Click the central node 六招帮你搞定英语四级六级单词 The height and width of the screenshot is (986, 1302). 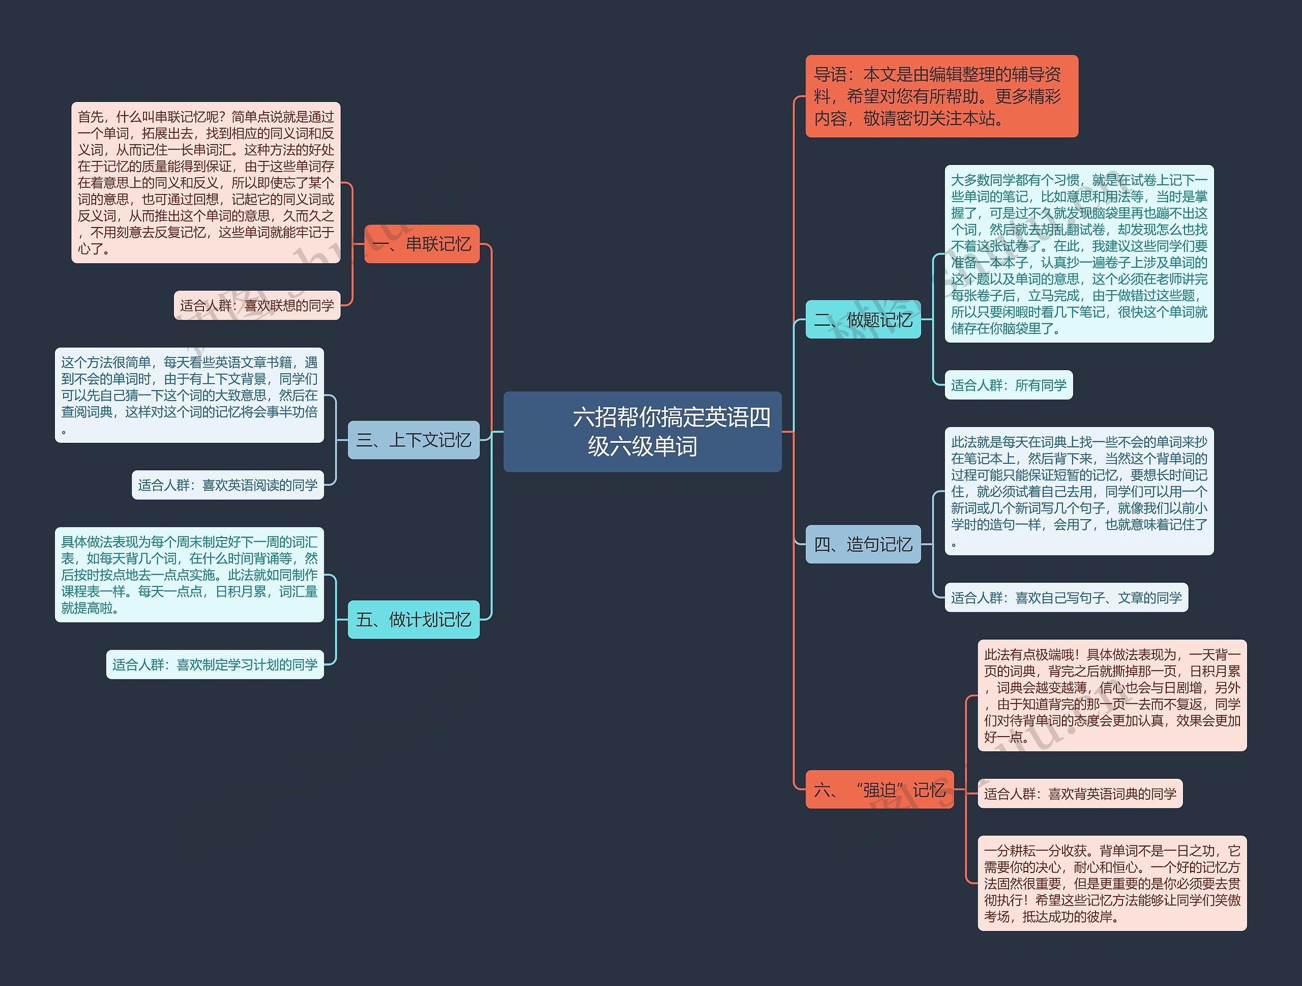coord(642,432)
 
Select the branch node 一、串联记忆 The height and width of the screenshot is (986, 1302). coord(422,244)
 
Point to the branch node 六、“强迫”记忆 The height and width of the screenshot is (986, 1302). coord(879,790)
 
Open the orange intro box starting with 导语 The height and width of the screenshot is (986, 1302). coord(941,97)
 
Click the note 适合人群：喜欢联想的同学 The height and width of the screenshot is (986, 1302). coord(257,305)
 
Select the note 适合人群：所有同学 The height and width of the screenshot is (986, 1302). coord(1008,385)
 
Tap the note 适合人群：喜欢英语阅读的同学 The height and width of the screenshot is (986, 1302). coord(228,485)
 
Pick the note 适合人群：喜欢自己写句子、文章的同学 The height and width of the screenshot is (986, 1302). coord(1066,598)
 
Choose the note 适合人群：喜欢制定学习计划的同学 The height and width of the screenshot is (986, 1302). coord(215,664)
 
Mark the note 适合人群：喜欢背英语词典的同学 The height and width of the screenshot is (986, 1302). coord(1080,794)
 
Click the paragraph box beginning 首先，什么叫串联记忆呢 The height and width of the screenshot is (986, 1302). coord(205,183)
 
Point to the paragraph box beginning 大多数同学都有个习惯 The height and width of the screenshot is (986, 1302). coord(1079,254)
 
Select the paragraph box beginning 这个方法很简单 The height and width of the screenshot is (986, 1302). coord(189,395)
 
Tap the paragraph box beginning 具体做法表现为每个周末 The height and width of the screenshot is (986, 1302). coord(189,575)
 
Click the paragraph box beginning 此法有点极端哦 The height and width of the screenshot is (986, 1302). coord(1112,696)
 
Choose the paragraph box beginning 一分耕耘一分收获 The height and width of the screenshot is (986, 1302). coord(1112,883)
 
